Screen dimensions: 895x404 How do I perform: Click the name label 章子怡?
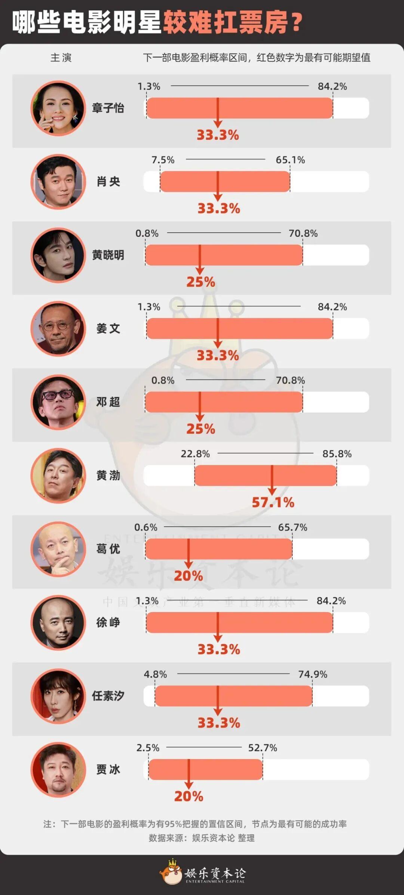click(x=108, y=108)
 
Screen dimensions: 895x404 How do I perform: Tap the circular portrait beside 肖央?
click(x=58, y=182)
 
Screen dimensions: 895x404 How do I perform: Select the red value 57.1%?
click(x=273, y=502)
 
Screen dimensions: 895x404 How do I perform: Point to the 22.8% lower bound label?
click(x=195, y=454)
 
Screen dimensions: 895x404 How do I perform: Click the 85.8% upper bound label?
click(x=337, y=454)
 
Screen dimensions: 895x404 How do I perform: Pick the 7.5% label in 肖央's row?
click(x=163, y=160)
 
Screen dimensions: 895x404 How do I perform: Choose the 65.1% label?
click(x=290, y=160)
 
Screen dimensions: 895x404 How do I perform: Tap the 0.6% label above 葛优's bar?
click(x=146, y=527)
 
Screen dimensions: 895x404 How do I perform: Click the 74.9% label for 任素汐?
click(x=313, y=674)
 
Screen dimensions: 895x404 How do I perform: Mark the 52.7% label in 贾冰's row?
click(x=263, y=748)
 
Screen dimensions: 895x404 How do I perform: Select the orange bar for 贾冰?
click(x=205, y=769)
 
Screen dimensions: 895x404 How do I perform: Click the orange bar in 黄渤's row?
click(x=266, y=475)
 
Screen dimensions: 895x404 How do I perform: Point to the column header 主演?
click(x=61, y=58)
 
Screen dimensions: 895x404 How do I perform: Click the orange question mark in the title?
click(x=296, y=22)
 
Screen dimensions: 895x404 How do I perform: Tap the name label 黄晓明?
click(x=108, y=255)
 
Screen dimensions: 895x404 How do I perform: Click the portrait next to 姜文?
click(x=58, y=329)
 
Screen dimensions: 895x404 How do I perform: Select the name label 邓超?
click(x=108, y=402)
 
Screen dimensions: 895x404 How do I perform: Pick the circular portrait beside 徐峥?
click(x=58, y=623)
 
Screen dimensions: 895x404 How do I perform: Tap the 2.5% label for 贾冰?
click(x=148, y=748)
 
